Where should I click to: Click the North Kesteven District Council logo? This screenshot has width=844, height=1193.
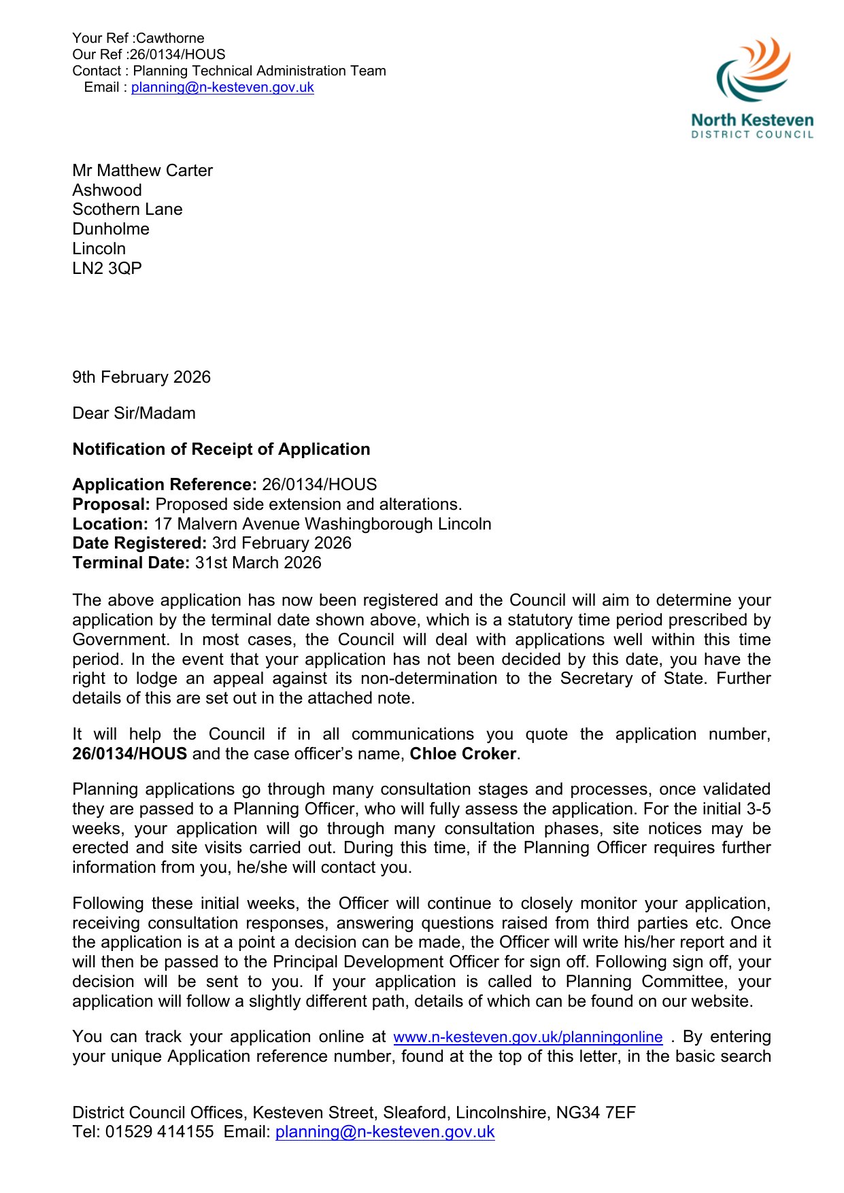(752, 88)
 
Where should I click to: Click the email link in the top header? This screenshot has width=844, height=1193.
(222, 88)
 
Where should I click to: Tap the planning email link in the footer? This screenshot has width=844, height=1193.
(385, 1132)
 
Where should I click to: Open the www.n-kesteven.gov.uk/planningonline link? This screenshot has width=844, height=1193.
(528, 1037)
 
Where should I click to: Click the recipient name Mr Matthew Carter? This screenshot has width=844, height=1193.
(142, 171)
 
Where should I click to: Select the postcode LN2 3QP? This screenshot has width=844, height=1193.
(107, 269)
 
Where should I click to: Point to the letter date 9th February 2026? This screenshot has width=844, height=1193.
(141, 377)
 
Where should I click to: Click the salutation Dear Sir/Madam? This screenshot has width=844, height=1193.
(134, 413)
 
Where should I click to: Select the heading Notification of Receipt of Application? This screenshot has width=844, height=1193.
(221, 449)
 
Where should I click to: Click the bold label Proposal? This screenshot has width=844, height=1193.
(111, 504)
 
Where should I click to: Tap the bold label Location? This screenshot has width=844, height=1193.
(110, 524)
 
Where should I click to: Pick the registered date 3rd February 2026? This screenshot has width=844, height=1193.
(282, 543)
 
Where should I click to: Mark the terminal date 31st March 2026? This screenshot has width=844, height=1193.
(258, 563)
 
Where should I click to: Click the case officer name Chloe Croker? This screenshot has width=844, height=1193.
(462, 754)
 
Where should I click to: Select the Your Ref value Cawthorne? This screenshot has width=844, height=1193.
(170, 38)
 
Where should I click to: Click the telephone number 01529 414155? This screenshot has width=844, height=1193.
(159, 1132)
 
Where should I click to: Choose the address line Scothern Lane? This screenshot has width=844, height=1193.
(127, 209)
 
